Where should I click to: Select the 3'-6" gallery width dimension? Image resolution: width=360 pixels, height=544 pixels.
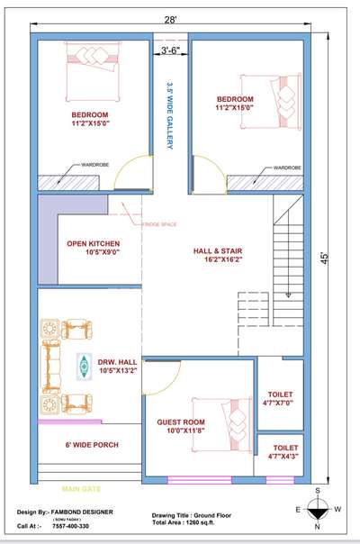tap(171, 50)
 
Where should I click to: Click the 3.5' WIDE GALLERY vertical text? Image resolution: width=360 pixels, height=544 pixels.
tap(170, 117)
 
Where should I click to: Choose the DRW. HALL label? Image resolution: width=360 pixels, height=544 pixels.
tap(117, 365)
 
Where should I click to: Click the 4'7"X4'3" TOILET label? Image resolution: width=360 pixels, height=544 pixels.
tap(285, 452)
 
